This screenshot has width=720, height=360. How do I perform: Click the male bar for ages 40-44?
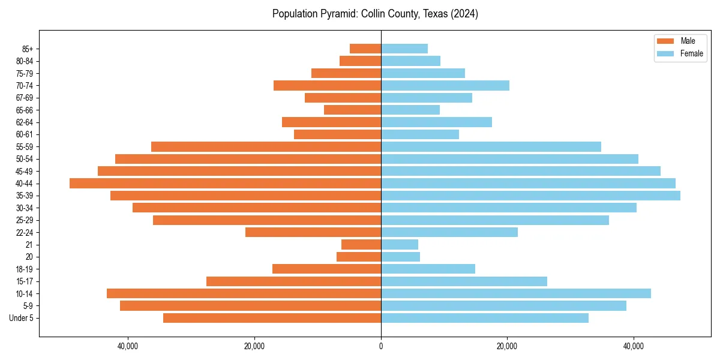tap(225, 183)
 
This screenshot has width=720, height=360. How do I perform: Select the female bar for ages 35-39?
tap(530, 196)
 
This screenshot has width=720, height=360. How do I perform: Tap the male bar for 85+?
tap(365, 49)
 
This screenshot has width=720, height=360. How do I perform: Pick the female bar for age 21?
tap(400, 244)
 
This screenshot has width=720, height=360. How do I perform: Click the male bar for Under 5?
tap(272, 318)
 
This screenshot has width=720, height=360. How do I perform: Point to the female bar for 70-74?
tap(445, 85)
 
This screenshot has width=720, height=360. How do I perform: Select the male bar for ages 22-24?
tap(313, 232)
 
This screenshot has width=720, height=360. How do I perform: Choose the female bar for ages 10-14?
tap(516, 293)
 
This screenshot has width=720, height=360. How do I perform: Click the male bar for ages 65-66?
tap(352, 110)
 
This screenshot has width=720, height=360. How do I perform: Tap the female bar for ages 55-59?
tap(491, 146)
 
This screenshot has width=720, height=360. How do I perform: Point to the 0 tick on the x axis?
tap(381, 346)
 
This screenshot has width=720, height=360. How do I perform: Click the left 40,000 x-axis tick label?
tap(128, 346)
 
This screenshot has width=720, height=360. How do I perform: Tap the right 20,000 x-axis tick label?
tap(508, 346)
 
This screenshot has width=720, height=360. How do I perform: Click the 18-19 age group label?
tap(25, 269)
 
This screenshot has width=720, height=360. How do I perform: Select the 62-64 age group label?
tap(25, 122)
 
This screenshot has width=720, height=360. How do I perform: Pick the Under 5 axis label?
tap(22, 318)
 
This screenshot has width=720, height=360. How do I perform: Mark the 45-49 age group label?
tap(25, 171)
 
